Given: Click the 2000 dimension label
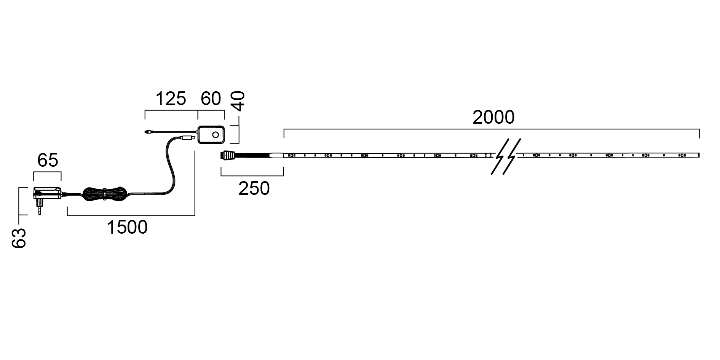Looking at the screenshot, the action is (493, 118).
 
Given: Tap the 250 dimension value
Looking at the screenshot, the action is (254, 188).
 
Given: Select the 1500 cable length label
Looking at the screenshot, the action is (127, 228).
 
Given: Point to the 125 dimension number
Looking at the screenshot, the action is (171, 99).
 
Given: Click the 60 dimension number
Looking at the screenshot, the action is (211, 99).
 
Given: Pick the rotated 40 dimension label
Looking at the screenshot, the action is (239, 101).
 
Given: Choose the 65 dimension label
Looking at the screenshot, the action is (48, 161).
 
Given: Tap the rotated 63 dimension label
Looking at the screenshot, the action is (18, 239).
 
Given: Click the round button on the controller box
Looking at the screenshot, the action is (216, 135).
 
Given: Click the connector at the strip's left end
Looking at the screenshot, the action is (227, 155).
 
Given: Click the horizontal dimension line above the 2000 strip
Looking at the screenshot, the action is (492, 129).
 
